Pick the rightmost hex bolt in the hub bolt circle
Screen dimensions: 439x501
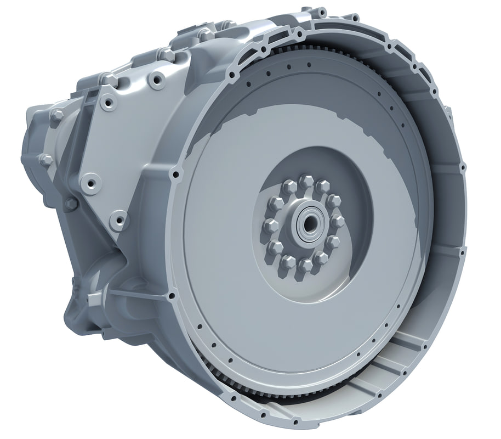click(338, 221)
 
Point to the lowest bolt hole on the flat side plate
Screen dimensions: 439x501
click(117, 221)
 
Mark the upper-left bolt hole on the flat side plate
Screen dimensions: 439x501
click(107, 103)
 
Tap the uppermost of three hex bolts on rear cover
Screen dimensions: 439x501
click(56, 116)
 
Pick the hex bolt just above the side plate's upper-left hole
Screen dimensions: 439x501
click(109, 80)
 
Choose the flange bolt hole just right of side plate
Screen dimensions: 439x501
click(176, 175)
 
